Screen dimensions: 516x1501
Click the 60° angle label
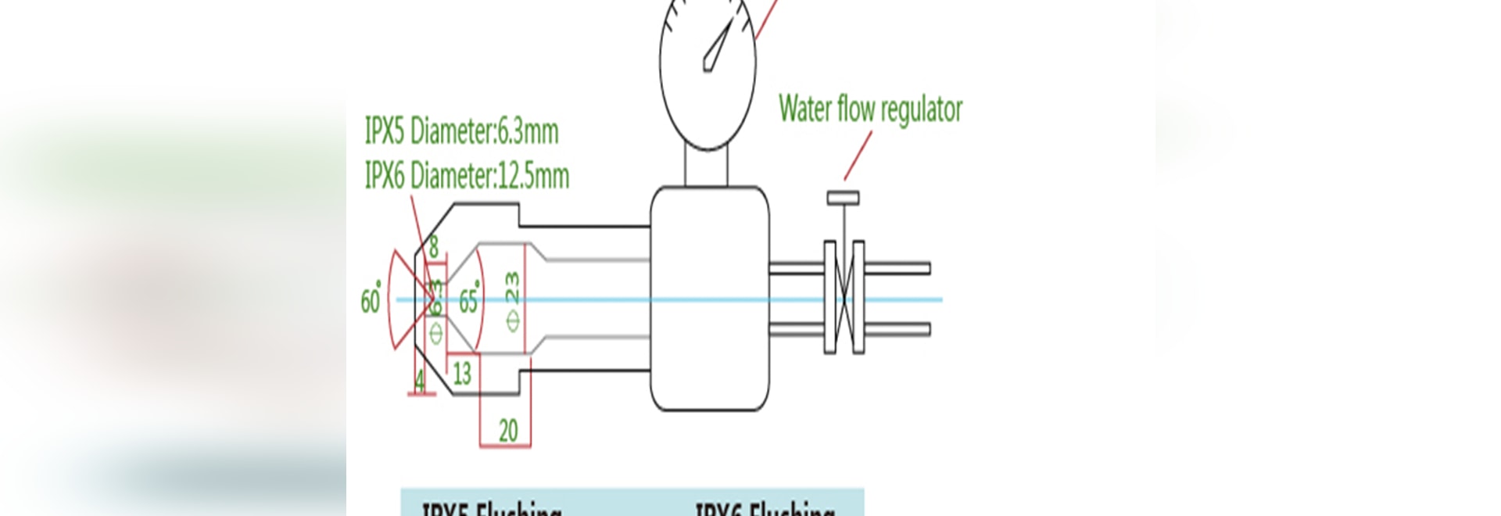tap(371, 300)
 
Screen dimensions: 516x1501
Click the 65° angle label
tap(468, 300)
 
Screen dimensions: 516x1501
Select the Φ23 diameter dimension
tap(512, 301)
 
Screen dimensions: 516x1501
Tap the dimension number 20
tap(508, 430)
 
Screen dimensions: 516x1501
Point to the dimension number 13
tap(462, 373)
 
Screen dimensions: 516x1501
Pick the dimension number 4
tap(421, 382)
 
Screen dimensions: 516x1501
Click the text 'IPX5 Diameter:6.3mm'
tap(461, 131)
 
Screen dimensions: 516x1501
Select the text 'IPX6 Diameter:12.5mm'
tap(467, 175)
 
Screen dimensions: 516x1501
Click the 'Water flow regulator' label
tap(870, 109)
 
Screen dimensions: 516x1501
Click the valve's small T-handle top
tap(843, 198)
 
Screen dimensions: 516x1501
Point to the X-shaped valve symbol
tap(844, 297)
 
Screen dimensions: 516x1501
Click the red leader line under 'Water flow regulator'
tap(858, 156)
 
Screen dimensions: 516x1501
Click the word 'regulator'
tap(920, 109)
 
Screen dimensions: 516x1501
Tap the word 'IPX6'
tap(385, 175)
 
